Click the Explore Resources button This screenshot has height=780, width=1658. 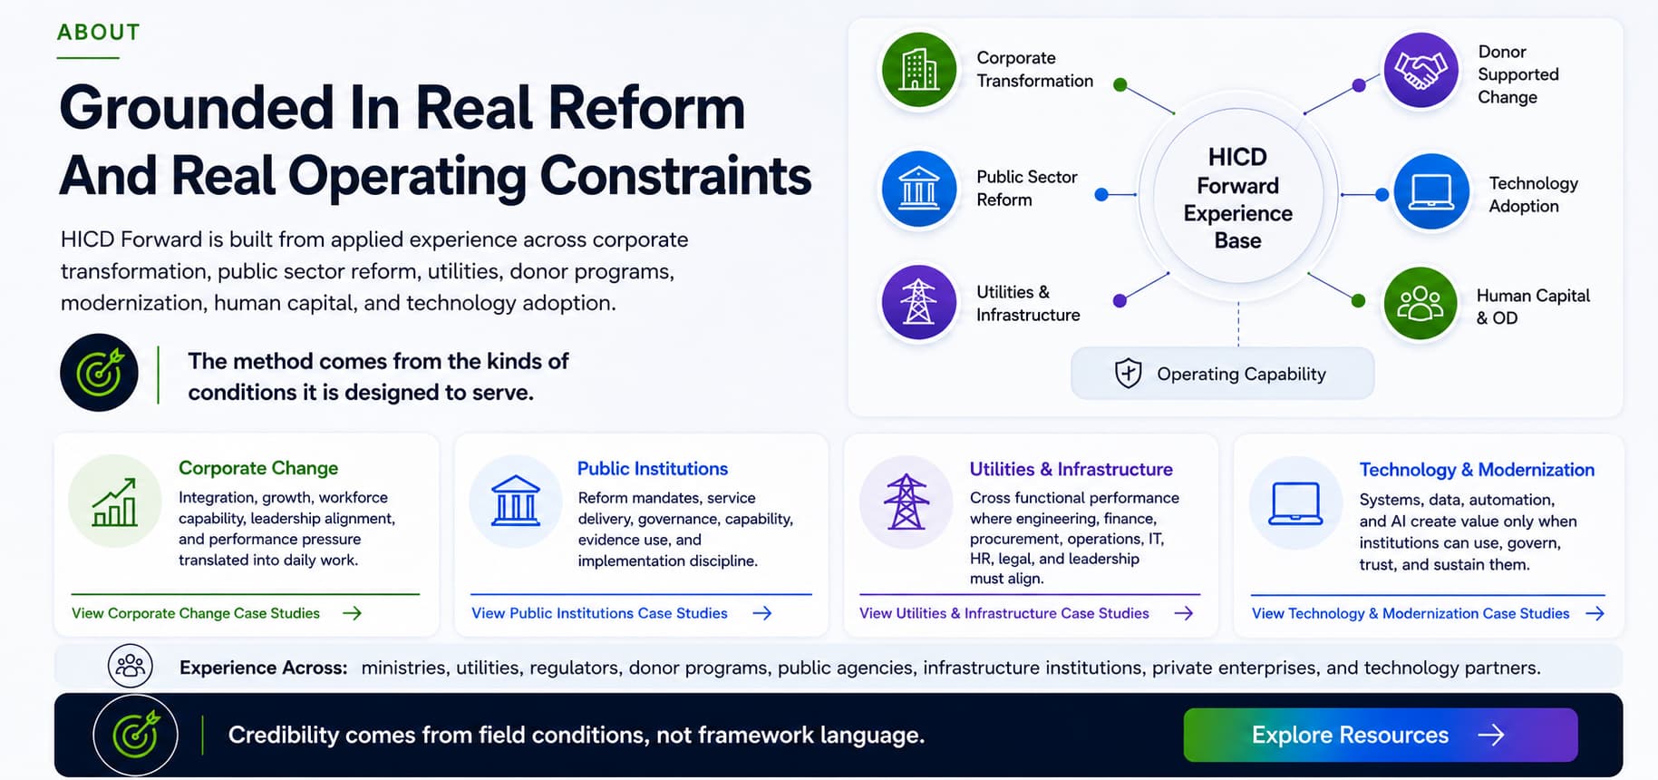[1380, 735]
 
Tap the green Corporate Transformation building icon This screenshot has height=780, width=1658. [919, 70]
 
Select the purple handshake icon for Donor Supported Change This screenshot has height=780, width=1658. [1420, 71]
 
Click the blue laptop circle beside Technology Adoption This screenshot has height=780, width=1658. [1431, 191]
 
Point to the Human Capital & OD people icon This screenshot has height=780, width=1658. [1420, 304]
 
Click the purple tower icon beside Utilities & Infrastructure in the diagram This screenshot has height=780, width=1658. [919, 302]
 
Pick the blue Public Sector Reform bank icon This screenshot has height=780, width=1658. [919, 189]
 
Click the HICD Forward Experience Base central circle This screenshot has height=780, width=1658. [1238, 197]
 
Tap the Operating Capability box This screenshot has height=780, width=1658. [1222, 374]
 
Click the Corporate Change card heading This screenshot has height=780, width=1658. [258, 468]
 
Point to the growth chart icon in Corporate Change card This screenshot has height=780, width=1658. [115, 502]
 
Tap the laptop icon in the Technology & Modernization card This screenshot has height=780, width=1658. [1295, 504]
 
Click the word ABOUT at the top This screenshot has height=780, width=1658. [99, 33]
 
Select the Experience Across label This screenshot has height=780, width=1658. [263, 668]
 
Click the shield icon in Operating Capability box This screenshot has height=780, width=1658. [1128, 373]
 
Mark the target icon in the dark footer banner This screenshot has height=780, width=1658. [136, 735]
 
